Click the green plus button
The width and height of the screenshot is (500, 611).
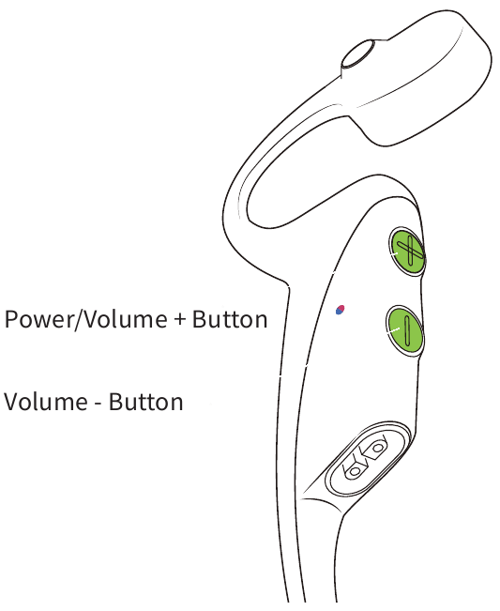point(407,252)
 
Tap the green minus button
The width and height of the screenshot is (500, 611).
point(405,330)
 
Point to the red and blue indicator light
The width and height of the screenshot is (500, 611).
point(340,310)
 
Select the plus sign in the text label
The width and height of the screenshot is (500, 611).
point(179,319)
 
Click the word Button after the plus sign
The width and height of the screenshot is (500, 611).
point(230,319)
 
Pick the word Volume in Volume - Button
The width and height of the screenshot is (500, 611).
point(45,402)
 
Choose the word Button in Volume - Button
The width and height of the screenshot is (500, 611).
point(145,402)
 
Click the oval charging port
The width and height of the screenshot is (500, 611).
point(367,459)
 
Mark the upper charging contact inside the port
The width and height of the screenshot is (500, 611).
point(376,447)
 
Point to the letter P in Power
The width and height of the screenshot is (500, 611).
point(11,319)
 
